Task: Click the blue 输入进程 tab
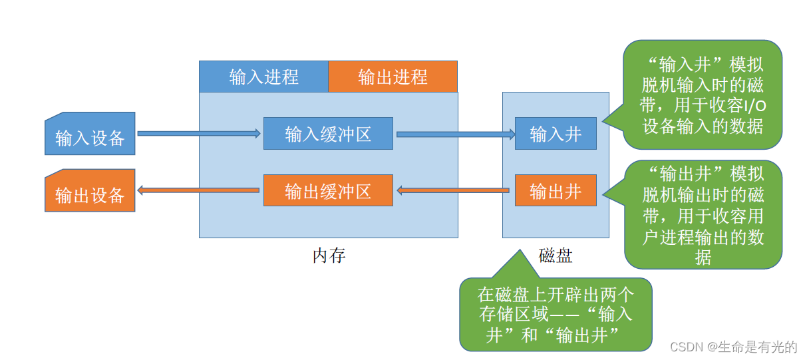point(263,77)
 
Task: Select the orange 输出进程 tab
point(393,77)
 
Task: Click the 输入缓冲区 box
point(328,134)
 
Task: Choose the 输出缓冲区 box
point(328,191)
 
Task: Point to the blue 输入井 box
point(556,134)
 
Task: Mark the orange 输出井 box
point(556,191)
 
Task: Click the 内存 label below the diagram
point(329,256)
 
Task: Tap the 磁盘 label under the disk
point(556,256)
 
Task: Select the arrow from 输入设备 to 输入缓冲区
point(198,134)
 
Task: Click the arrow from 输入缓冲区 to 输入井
point(456,134)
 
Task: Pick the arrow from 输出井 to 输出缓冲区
point(456,191)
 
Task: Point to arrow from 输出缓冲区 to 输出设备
point(198,191)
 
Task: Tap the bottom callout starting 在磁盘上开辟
point(556,315)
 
